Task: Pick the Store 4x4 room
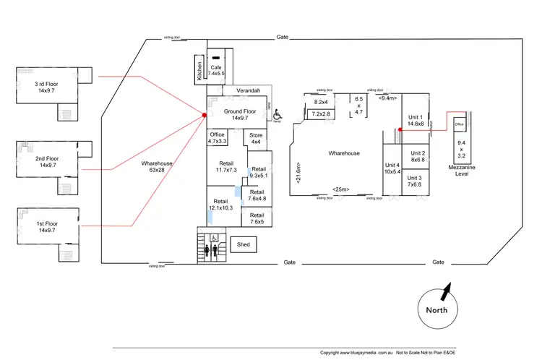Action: pos(256,138)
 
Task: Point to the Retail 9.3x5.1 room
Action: pos(259,171)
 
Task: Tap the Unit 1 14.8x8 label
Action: pos(415,120)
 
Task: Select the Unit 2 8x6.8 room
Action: pos(418,157)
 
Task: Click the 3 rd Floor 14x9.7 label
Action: pos(50,88)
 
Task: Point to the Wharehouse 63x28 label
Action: pos(157,168)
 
